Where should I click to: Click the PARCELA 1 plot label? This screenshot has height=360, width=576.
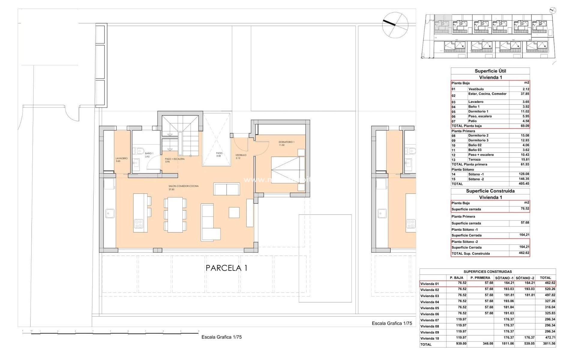226,268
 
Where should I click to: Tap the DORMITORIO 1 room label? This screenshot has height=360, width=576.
286,142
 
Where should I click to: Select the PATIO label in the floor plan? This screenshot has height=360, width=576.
219,153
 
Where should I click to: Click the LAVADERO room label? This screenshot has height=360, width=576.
121,158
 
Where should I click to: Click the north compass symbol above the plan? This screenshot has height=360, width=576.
395,25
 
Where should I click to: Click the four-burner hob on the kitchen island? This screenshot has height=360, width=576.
139,223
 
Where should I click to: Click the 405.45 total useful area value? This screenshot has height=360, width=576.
524,184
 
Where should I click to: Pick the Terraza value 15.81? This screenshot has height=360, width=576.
524,160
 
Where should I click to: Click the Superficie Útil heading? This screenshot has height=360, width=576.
490,71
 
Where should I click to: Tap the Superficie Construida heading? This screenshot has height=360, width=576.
490,191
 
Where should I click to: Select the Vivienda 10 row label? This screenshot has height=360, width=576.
430,338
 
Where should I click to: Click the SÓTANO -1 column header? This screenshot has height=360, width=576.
504,278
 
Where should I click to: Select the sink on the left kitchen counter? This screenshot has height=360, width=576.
108,213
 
